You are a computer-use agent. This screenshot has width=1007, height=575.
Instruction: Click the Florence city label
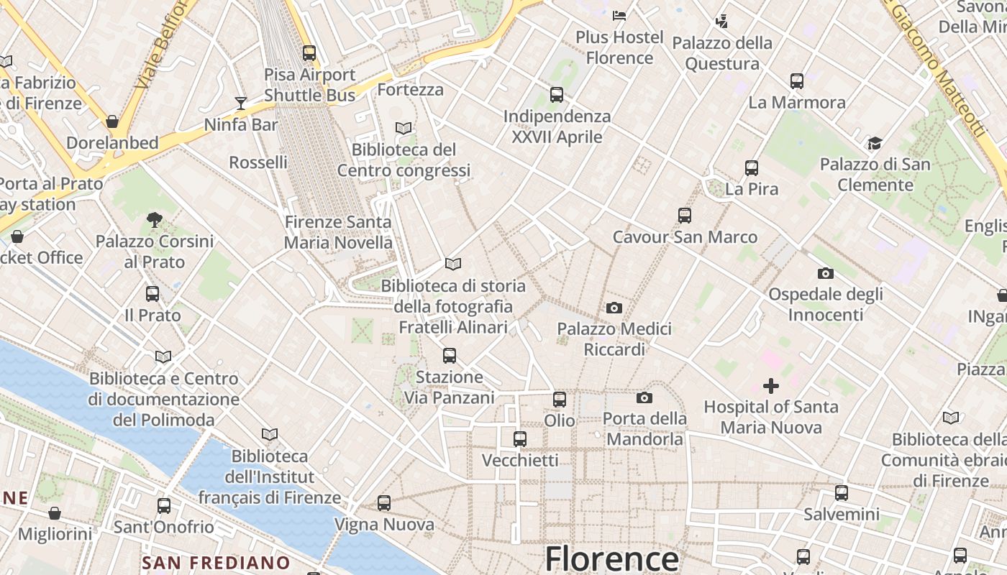point(611,559)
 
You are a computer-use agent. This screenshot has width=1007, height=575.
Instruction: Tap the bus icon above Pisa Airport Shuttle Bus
point(309,52)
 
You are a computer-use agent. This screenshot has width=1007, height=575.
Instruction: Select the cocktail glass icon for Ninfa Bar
point(241,103)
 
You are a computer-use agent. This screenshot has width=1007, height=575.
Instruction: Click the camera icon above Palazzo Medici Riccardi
point(614,308)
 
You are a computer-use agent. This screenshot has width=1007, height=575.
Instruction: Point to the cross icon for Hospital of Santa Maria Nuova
point(771,386)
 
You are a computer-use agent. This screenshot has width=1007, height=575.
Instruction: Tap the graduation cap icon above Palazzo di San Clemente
point(875,143)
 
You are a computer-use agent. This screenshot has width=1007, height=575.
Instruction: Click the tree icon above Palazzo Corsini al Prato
point(154,220)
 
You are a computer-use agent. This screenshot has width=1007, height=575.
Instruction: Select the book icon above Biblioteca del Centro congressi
point(404,128)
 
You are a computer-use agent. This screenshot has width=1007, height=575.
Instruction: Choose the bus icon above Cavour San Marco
point(685,215)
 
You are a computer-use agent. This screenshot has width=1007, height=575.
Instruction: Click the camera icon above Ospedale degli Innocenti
point(826,273)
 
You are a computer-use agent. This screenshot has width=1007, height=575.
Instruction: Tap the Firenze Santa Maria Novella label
point(338,232)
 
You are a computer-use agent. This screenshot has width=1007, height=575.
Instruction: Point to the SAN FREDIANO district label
point(216,563)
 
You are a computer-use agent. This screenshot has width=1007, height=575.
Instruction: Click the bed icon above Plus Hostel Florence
point(619,15)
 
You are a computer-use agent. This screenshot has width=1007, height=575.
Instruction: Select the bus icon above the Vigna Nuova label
point(384,503)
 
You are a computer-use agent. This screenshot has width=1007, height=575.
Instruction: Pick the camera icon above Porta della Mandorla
point(644,397)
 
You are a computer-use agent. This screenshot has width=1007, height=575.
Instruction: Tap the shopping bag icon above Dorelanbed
point(112,121)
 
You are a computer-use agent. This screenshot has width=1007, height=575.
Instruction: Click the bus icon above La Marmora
point(797,80)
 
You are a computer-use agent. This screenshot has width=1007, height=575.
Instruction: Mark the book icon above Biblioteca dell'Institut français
point(270,435)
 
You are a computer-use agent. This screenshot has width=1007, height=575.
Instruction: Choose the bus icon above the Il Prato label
point(152,293)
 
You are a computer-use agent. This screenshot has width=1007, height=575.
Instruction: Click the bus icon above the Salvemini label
point(842,493)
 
